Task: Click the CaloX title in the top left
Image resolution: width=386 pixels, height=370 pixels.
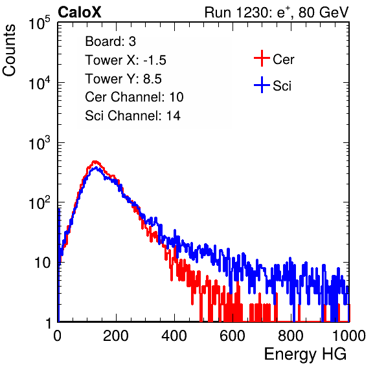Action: [79, 12]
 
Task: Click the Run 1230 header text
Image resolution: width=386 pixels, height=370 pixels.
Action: [277, 12]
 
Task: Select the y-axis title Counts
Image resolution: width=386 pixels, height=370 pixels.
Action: [9, 50]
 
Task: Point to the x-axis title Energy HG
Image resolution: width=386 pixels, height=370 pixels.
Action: [305, 354]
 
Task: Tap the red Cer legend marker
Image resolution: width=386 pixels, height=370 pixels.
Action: [262, 58]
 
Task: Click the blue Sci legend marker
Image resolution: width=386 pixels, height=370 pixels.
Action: [262, 85]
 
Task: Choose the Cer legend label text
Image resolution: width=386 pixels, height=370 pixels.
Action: [283, 60]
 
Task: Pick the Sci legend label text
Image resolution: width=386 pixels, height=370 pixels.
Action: [282, 86]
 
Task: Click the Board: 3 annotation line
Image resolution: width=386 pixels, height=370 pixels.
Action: [110, 41]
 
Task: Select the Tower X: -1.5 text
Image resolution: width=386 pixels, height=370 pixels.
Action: [126, 60]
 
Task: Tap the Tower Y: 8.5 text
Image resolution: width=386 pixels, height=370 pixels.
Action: [123, 79]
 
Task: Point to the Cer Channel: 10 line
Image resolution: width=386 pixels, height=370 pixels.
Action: [134, 97]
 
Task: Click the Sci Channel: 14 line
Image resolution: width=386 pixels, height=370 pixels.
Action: [133, 116]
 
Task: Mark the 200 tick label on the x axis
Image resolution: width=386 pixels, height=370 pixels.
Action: [116, 336]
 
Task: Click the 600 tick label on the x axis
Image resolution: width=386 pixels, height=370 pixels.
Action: [233, 336]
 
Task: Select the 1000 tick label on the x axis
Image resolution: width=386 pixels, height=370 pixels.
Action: [349, 336]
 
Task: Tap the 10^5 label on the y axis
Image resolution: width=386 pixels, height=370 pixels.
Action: [40, 23]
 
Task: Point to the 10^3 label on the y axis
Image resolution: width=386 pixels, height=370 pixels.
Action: [40, 144]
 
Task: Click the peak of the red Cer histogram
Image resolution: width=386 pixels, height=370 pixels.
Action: [95, 162]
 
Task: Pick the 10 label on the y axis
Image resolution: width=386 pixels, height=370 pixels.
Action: [42, 263]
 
